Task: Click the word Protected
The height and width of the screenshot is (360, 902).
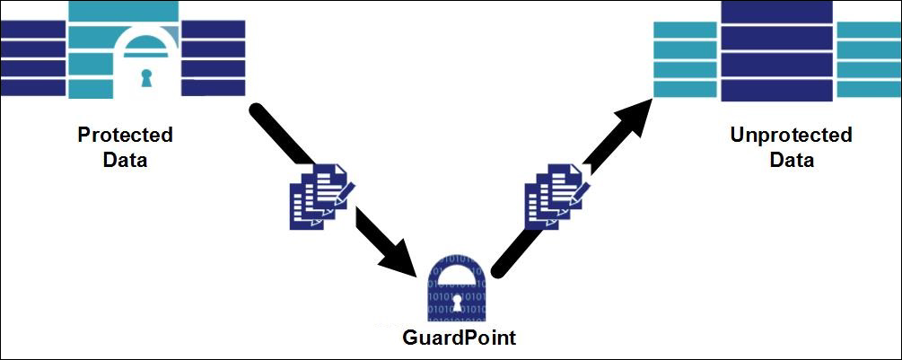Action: coord(125,136)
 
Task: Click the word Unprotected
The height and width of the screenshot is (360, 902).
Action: coord(791,136)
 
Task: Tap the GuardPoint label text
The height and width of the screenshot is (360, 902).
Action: coord(459,338)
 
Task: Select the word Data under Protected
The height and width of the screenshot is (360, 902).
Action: coord(125,161)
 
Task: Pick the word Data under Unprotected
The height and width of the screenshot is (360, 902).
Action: coord(791,161)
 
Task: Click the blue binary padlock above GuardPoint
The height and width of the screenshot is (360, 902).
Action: coord(457,289)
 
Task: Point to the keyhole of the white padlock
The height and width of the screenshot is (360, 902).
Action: coord(146,79)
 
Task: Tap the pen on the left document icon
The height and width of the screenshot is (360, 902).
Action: coord(345,190)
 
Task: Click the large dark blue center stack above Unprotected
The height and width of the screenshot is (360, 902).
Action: coord(777,52)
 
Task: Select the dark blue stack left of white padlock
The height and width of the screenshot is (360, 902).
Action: coord(33,57)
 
